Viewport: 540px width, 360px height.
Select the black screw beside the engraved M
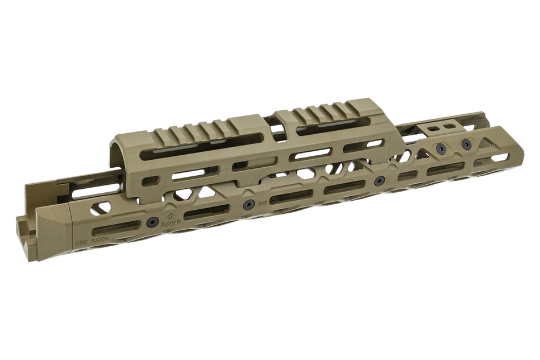(247, 205)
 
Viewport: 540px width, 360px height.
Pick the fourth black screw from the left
(441, 149)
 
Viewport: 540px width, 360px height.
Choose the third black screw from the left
(379, 180)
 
